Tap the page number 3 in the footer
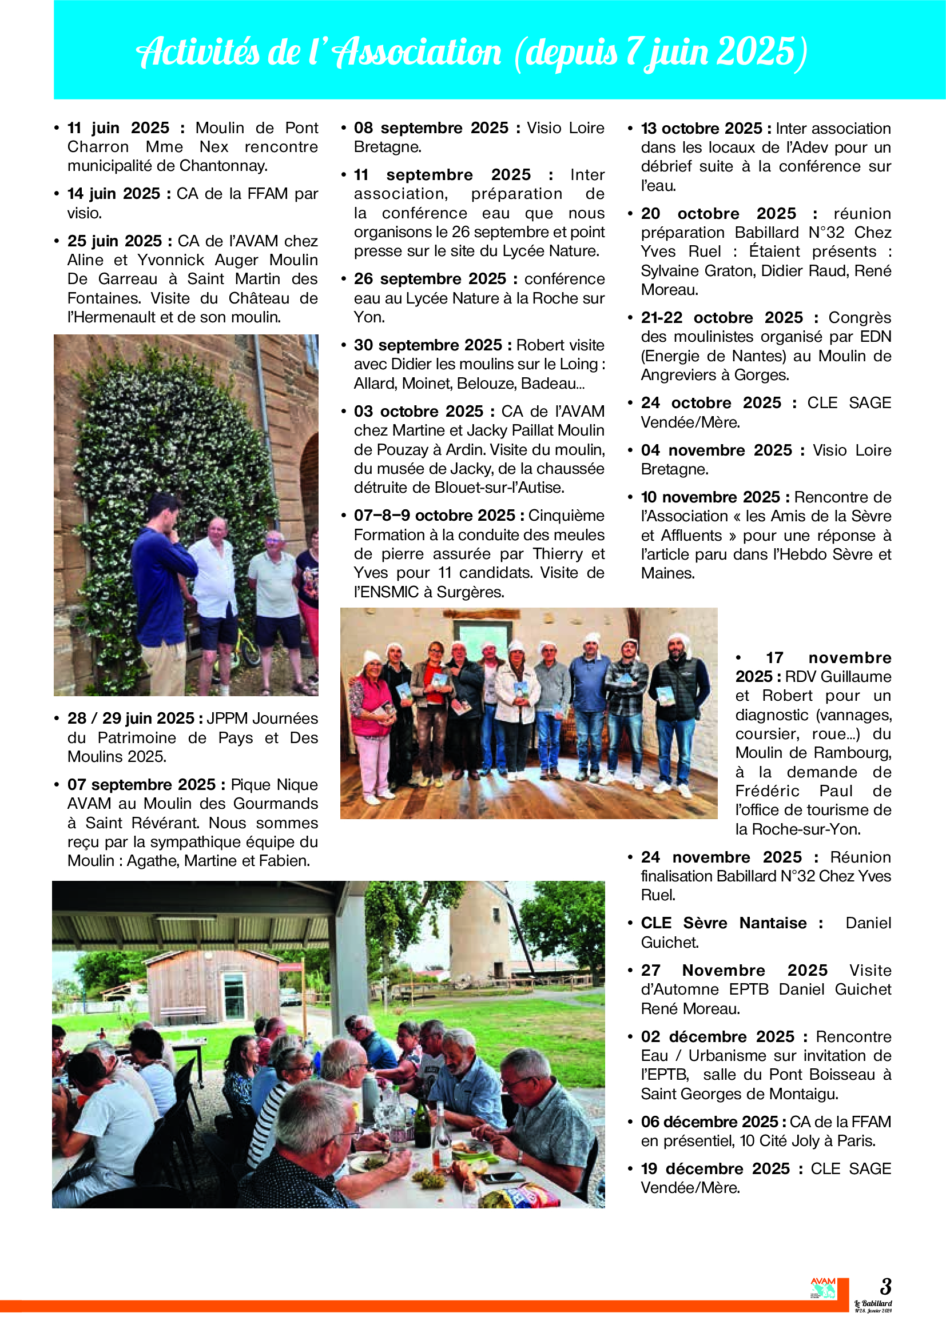point(885,1286)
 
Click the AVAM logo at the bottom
point(822,1288)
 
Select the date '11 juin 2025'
point(118,128)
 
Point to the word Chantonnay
point(223,166)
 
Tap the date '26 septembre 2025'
point(430,279)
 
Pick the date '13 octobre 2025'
point(701,129)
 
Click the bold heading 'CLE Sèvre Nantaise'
point(724,923)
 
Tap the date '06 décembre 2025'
point(709,1122)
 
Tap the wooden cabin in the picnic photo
point(213,984)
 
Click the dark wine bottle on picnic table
point(422,1124)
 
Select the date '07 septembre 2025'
point(141,785)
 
